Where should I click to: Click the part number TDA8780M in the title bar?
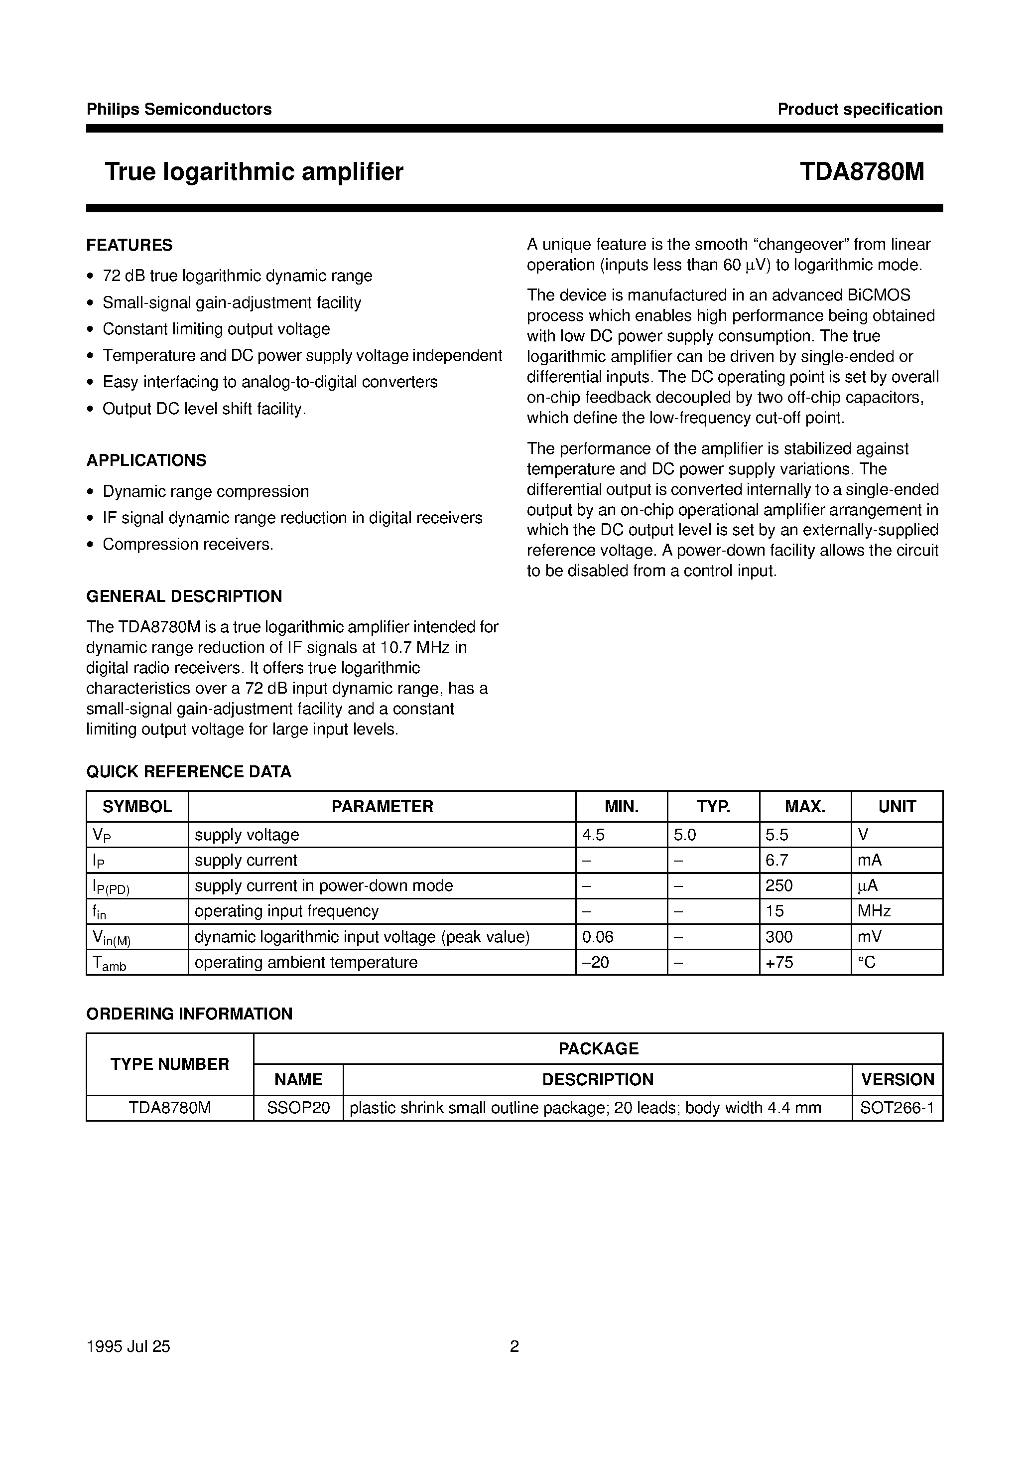click(862, 172)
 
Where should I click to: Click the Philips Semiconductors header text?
click(179, 109)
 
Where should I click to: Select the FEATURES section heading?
click(129, 245)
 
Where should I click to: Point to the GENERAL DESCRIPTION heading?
click(184, 596)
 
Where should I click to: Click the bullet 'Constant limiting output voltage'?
click(216, 329)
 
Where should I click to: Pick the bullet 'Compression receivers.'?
click(188, 545)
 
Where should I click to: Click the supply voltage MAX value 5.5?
click(777, 835)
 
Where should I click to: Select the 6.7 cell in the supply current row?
click(777, 861)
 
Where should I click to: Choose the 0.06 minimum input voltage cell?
click(598, 937)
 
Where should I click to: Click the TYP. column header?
click(713, 807)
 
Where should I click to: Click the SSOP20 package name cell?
click(298, 1108)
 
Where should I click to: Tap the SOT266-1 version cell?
click(897, 1108)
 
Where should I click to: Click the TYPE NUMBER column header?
click(169, 1064)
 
